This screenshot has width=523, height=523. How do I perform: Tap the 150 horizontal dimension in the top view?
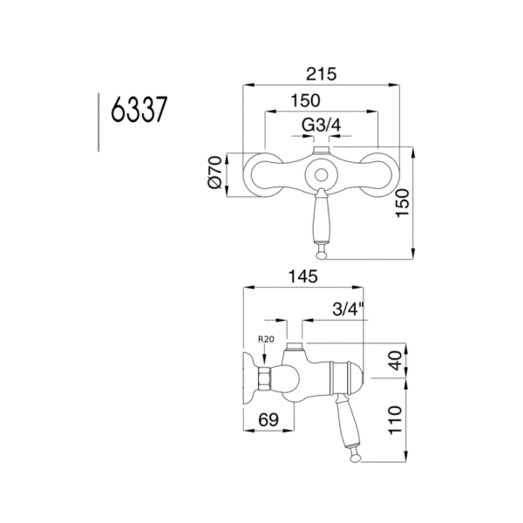coord(320,101)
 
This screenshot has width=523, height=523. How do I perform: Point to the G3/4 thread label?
coord(320,127)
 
